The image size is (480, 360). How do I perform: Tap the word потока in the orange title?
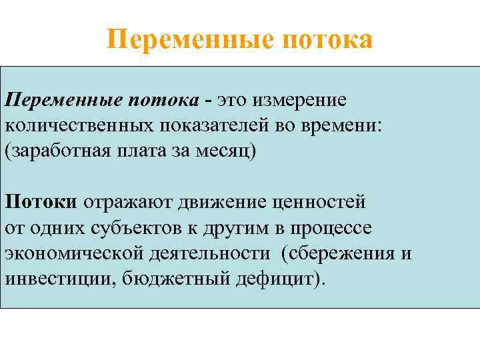327,39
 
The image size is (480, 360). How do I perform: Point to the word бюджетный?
175,277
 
